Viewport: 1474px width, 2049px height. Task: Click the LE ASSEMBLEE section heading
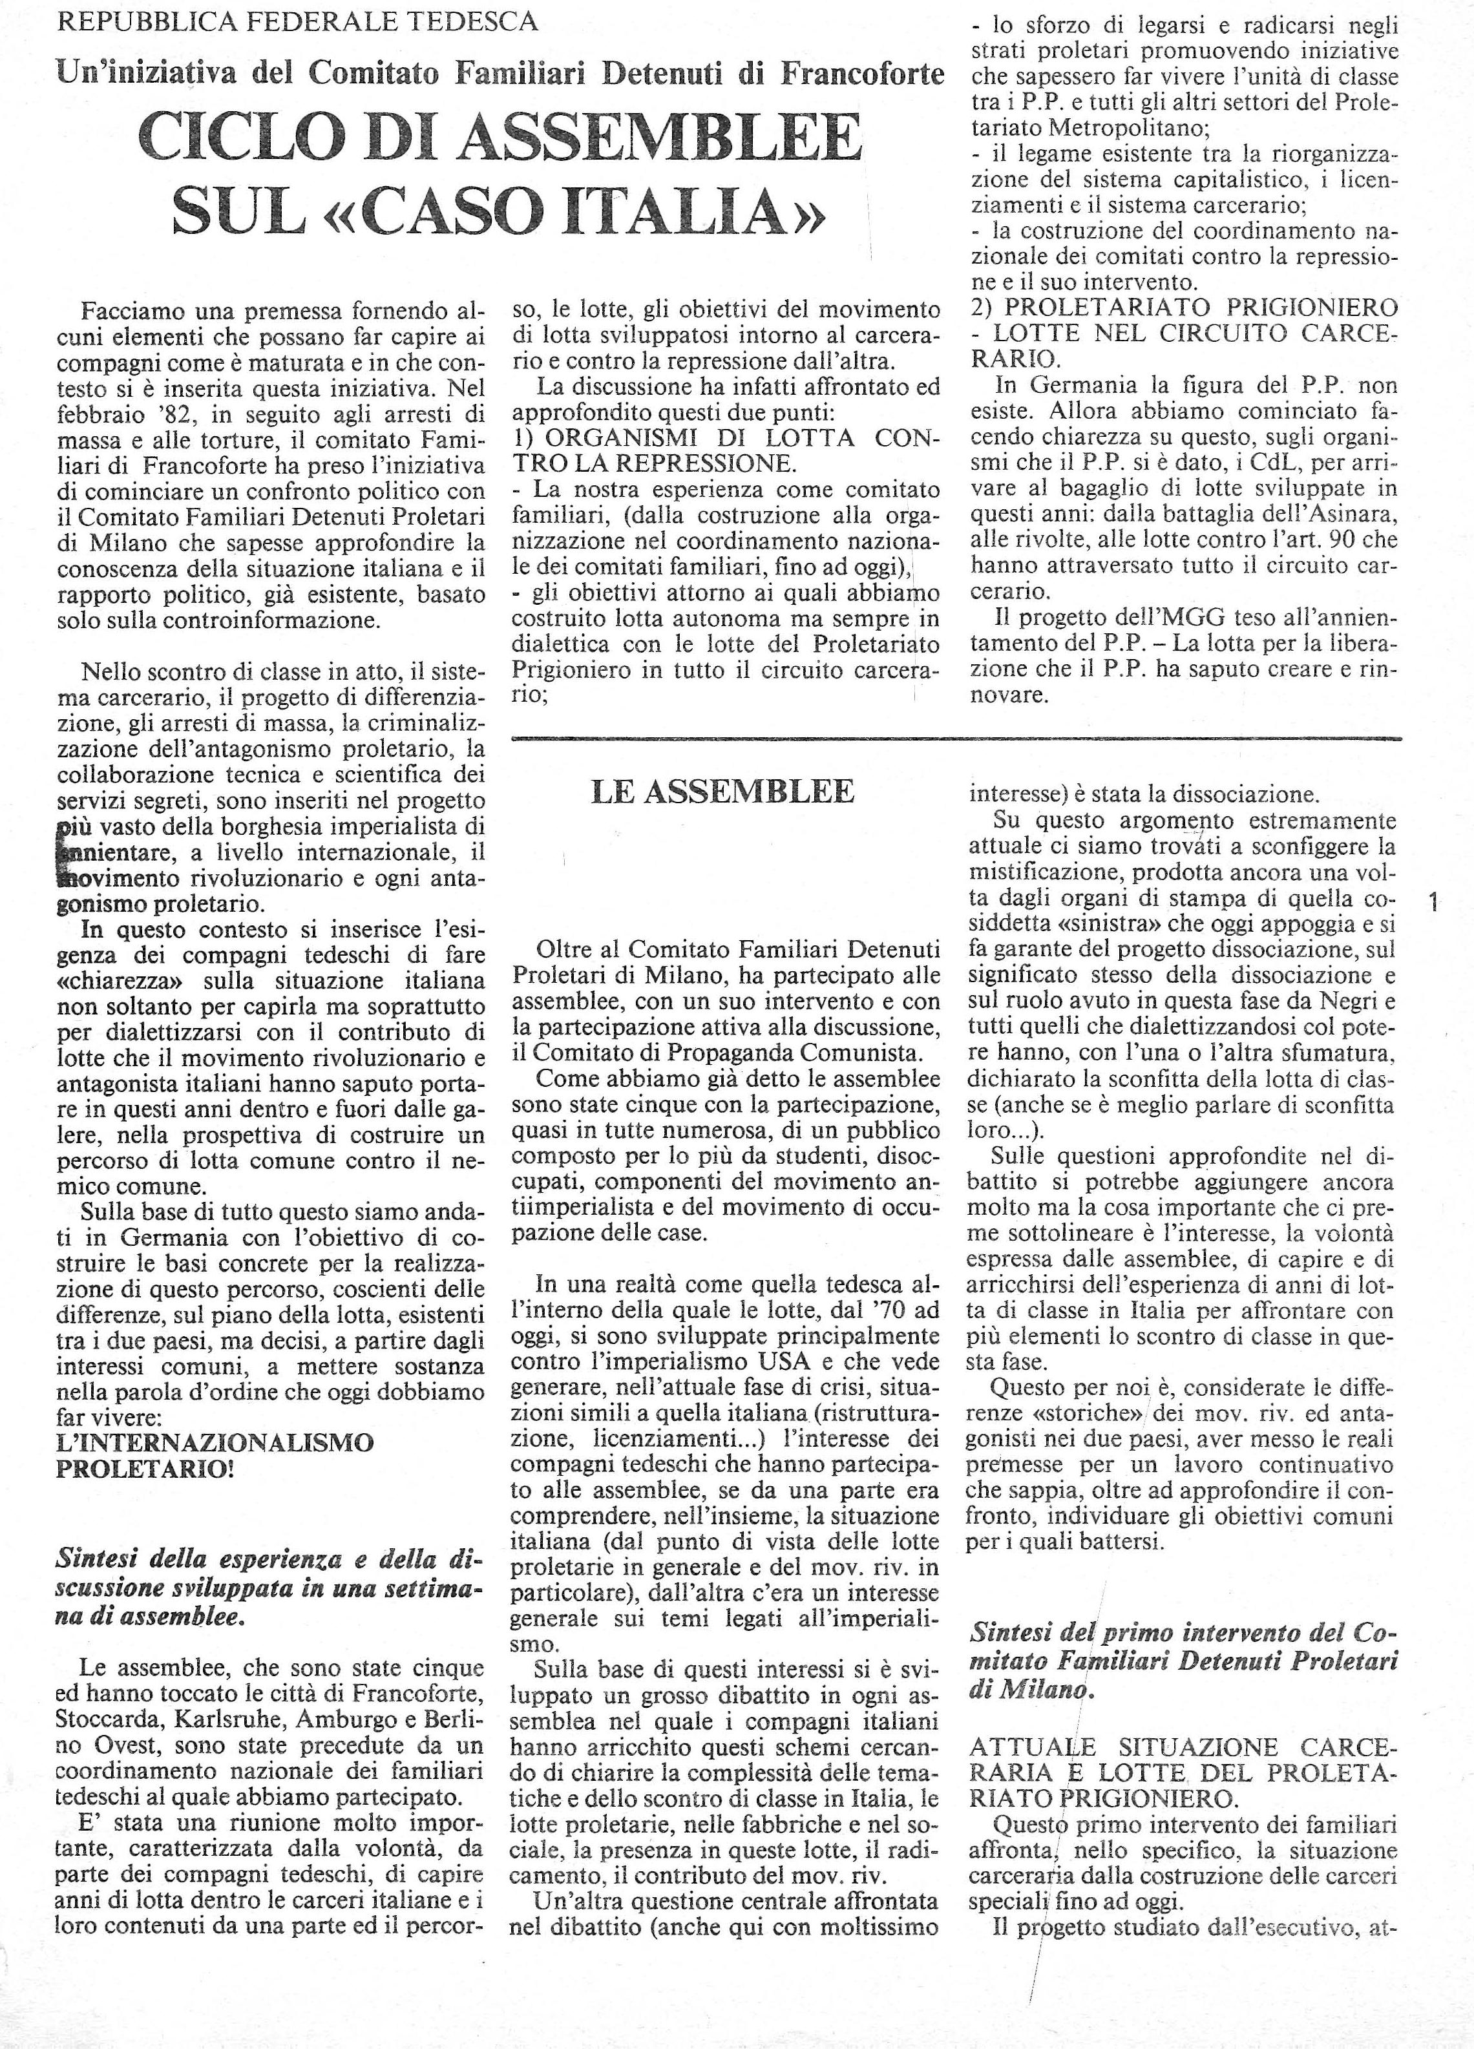[722, 792]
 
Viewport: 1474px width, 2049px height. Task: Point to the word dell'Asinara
[1332, 515]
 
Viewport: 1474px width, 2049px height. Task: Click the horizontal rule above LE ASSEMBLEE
[955, 739]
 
